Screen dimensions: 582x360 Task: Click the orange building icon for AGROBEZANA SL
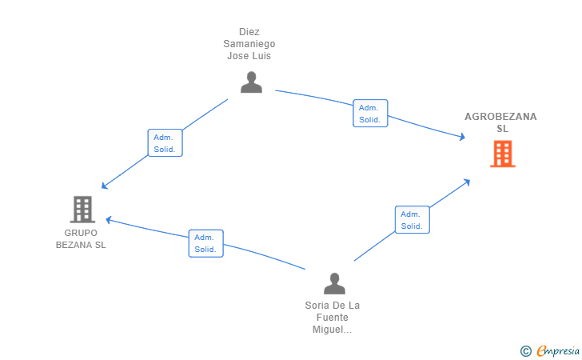503,154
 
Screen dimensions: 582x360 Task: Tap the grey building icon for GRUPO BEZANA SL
82,210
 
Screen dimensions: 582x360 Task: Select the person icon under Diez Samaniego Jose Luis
251,82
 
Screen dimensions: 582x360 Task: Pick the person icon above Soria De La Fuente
334,283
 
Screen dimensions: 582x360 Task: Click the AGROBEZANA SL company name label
500,122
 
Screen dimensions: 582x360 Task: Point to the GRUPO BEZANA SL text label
81,239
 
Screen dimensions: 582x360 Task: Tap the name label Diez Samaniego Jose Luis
249,44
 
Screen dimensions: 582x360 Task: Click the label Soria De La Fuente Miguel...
333,318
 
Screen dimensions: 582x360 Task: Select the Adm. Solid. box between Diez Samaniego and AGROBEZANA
370,114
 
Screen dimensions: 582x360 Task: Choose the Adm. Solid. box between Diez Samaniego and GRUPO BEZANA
165,143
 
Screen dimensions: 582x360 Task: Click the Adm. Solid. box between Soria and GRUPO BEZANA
206,243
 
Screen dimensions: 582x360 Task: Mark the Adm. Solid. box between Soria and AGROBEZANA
413,219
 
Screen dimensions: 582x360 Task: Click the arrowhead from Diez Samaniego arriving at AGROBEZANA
462,137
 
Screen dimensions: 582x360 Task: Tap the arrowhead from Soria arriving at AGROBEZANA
467,182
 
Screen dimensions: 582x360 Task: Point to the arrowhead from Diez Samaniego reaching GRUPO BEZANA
105,186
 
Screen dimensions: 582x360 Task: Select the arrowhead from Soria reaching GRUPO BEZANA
109,220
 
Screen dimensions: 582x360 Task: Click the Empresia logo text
558,350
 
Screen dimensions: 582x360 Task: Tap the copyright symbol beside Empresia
525,351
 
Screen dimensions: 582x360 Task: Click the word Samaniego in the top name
249,44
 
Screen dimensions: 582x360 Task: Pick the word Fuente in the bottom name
333,318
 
